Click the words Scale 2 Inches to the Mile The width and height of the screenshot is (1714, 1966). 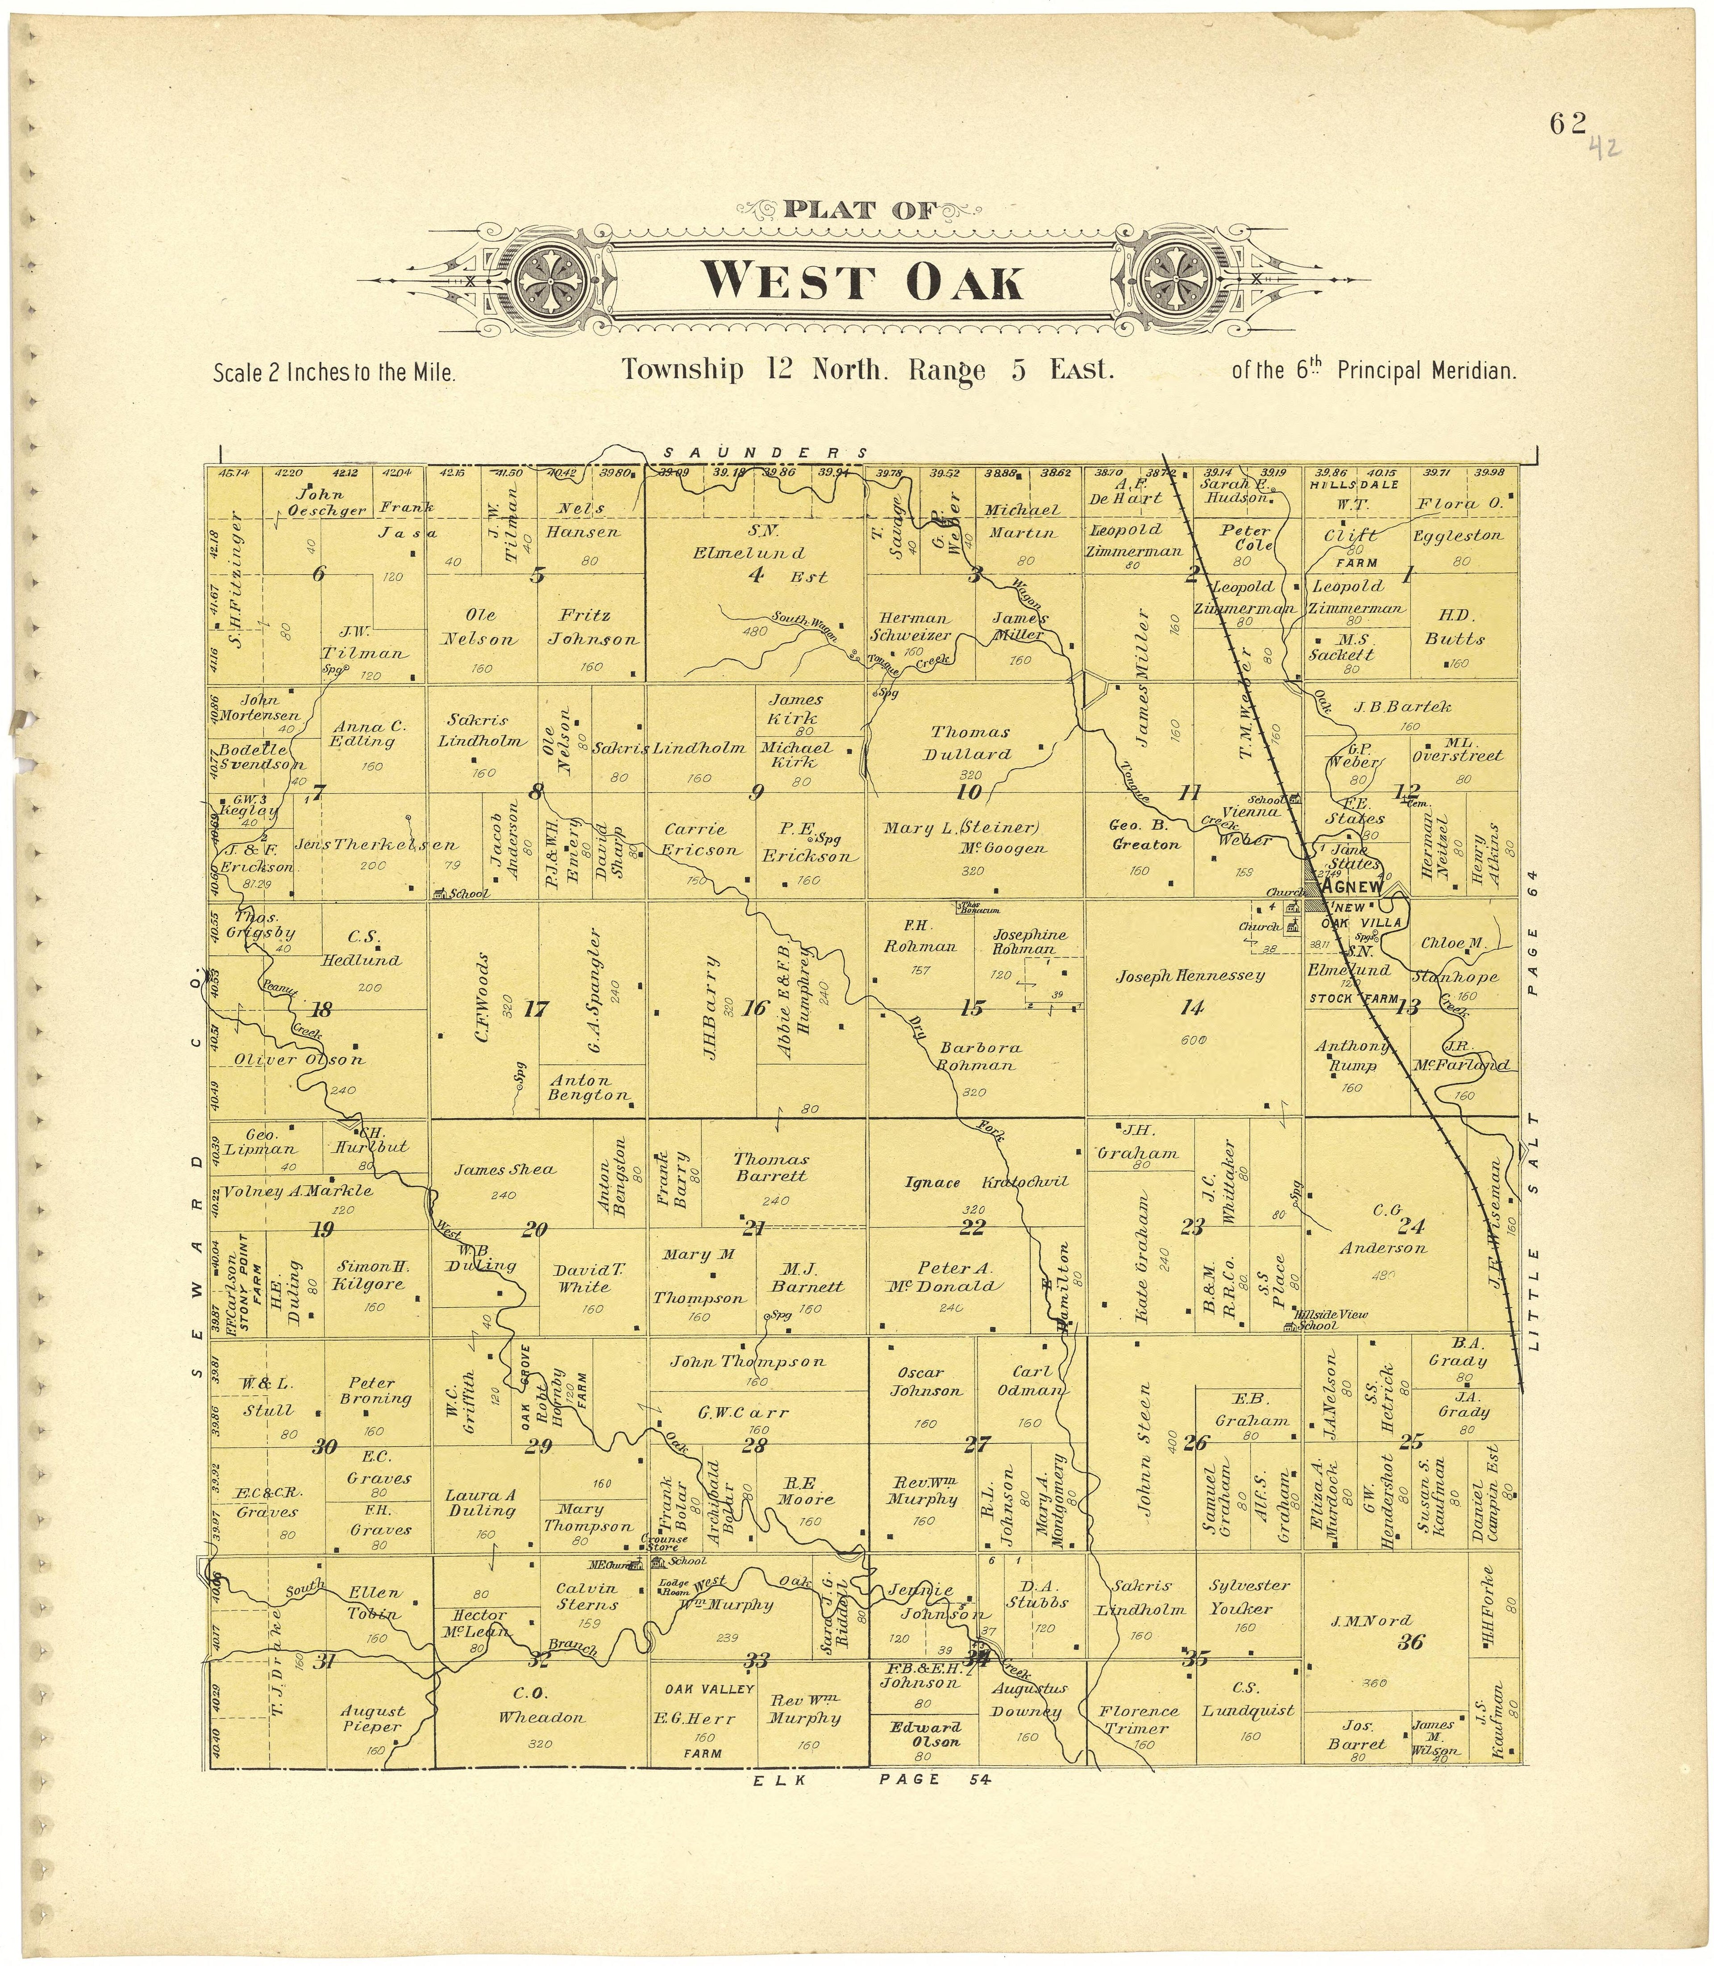click(x=334, y=372)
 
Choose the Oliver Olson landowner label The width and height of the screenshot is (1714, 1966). click(x=300, y=1060)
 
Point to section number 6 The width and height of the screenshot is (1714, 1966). click(x=319, y=574)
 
